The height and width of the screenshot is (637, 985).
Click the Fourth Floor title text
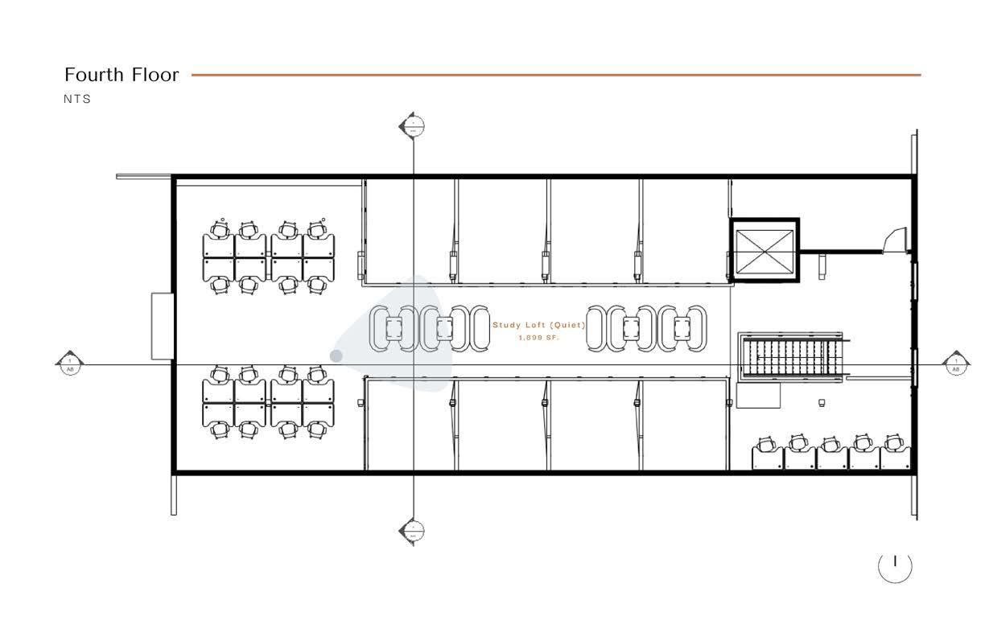122,75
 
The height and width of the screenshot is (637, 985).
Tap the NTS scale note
78,99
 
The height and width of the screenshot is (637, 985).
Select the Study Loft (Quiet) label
538,325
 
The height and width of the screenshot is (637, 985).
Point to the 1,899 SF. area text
538,338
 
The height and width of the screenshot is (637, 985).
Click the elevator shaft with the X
765,249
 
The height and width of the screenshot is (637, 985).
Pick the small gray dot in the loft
336,355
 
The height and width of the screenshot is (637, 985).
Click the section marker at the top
412,125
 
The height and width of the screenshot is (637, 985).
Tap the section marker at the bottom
412,531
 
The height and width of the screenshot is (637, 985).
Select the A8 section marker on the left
69,364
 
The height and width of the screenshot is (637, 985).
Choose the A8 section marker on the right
955,364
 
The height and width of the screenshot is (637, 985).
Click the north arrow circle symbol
895,566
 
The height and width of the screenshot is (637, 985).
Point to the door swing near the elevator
893,240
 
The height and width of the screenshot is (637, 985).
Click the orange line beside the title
555,75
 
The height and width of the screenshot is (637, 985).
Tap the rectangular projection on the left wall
163,326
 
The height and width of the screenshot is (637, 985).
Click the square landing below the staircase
758,395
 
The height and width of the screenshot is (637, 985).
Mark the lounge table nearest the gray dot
394,328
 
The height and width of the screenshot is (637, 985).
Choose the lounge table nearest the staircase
682,328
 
